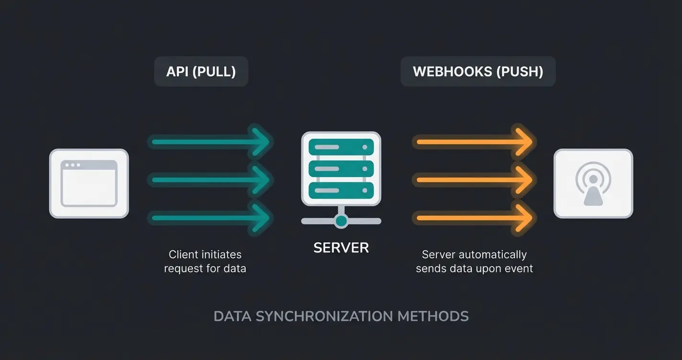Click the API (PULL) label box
201,72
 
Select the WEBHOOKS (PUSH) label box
477,72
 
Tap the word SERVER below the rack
341,247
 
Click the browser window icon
89,183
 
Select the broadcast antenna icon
593,183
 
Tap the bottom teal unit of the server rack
341,190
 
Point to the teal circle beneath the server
341,221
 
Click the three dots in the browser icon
72,165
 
